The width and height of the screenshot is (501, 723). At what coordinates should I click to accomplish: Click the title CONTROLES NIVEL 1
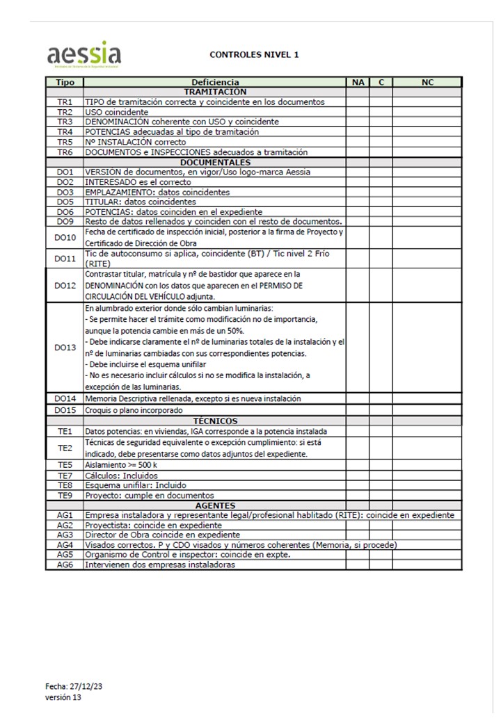(254, 54)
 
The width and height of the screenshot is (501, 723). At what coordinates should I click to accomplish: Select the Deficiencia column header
(215, 82)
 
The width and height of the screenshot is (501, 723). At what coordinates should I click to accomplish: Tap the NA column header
(358, 82)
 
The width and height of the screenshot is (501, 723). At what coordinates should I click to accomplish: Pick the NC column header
(427, 82)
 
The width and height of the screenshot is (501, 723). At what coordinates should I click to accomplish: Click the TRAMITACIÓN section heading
(215, 92)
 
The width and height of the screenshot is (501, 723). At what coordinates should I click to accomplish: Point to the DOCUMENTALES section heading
(215, 162)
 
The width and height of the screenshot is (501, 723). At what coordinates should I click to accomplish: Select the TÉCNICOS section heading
(215, 421)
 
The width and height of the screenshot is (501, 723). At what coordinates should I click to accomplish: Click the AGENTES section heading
(215, 505)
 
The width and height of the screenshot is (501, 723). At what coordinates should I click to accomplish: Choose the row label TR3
(65, 122)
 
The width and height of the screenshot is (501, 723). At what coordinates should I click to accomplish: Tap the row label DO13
(65, 348)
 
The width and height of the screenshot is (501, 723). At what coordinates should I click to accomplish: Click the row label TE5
(65, 464)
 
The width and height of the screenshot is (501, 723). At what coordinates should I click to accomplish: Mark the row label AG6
(65, 565)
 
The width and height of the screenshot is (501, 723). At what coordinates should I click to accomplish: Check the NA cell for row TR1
(358, 101)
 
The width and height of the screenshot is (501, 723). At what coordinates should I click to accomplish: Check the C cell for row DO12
(381, 286)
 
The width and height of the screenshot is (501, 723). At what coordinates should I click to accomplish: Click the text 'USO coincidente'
(116, 112)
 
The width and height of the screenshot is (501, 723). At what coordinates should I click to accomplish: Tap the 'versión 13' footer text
(63, 697)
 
